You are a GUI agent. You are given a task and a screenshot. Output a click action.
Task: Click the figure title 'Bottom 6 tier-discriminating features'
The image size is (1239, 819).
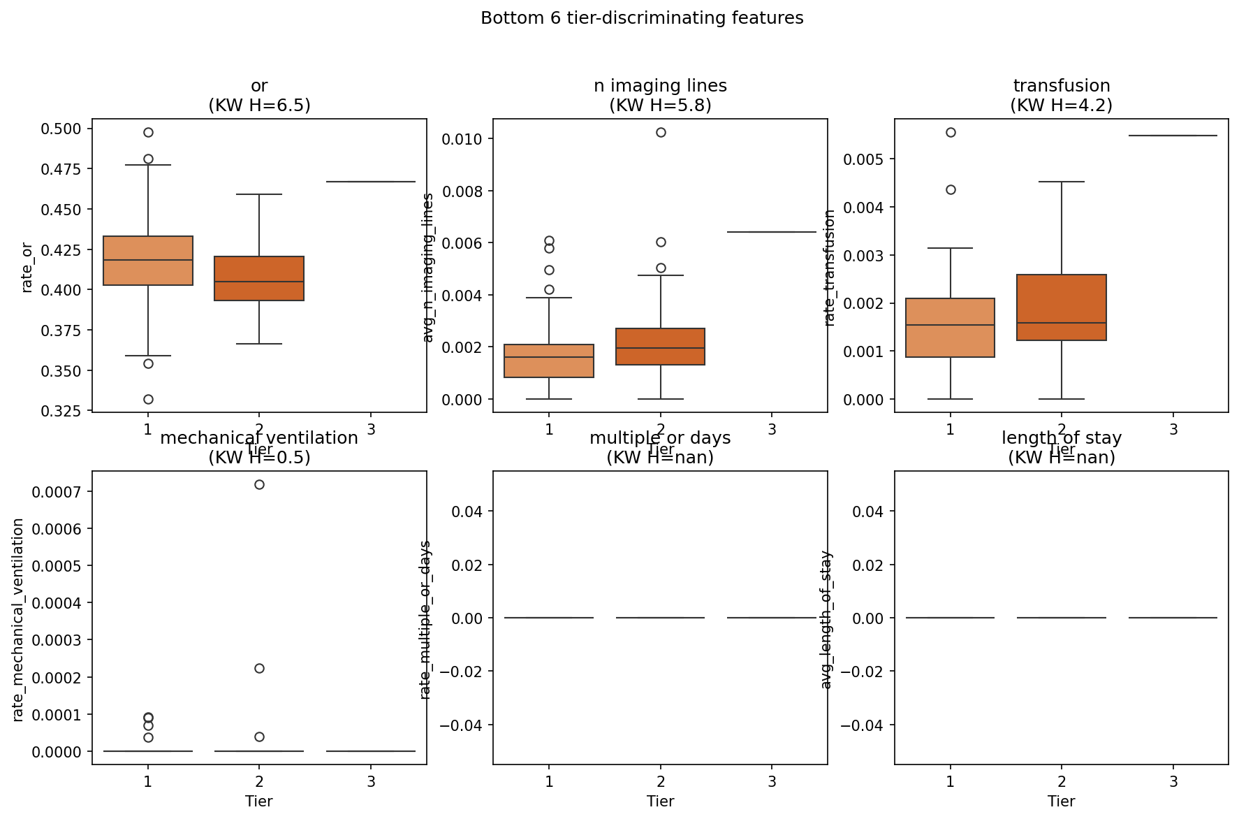[642, 18]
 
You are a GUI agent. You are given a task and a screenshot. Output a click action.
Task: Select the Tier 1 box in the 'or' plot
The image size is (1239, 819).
[148, 261]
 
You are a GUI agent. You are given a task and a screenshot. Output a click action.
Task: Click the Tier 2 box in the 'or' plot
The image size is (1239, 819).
[259, 278]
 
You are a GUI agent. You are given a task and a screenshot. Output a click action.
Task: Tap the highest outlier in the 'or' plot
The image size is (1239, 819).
[148, 132]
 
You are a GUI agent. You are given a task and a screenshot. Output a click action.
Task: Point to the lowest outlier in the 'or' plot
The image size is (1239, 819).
[148, 399]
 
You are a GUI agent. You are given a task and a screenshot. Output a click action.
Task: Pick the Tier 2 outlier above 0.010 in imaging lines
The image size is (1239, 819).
[661, 132]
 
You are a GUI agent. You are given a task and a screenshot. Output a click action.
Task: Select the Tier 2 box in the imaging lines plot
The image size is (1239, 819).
[661, 347]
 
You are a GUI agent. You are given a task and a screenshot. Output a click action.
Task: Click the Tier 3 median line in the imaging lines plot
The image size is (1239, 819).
[772, 232]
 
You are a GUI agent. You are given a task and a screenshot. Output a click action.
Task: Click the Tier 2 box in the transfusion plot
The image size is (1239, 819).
[1062, 307]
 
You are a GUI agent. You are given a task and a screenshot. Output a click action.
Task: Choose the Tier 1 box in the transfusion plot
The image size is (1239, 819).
[951, 328]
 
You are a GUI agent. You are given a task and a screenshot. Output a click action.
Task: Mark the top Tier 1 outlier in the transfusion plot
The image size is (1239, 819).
[951, 132]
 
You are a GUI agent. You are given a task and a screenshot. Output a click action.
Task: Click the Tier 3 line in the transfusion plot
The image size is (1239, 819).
[1173, 136]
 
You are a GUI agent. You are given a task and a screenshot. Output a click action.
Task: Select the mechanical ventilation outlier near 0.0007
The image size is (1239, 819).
[259, 484]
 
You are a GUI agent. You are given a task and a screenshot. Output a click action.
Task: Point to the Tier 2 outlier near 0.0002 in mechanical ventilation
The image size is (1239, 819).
[259, 668]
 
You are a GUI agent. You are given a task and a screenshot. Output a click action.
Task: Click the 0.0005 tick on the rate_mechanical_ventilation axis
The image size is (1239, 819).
[57, 566]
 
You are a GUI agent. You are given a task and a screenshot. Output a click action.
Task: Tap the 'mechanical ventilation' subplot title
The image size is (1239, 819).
[259, 438]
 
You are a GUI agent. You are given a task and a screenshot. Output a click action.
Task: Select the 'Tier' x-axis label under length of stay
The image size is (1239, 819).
[1062, 801]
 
